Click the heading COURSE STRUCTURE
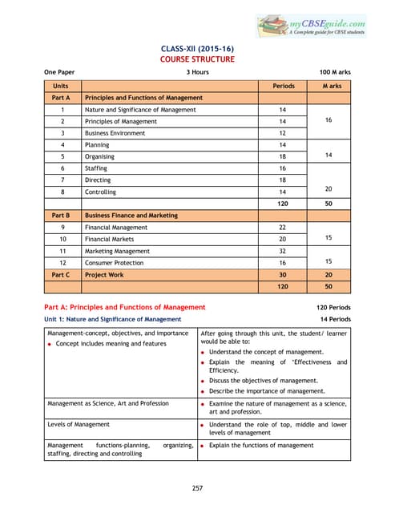point(197,59)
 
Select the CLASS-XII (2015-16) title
point(197,48)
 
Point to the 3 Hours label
point(198,72)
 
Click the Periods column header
point(284,85)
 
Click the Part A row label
point(62,97)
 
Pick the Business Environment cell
point(115,133)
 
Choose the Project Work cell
point(104,275)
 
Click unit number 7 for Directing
point(62,180)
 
